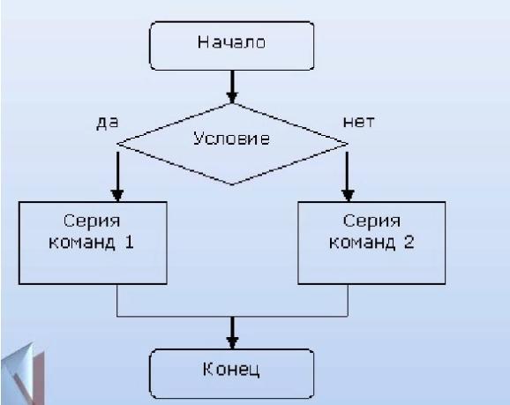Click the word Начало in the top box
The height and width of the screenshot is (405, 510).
click(231, 42)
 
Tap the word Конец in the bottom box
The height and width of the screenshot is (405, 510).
click(231, 370)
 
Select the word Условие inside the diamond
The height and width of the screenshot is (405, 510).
click(231, 139)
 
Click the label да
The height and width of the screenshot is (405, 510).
click(108, 123)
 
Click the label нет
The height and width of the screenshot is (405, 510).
click(359, 122)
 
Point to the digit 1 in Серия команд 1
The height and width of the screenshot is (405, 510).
click(130, 243)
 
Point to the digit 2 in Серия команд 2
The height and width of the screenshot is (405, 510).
click(409, 243)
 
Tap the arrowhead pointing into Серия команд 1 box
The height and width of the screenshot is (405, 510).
click(117, 196)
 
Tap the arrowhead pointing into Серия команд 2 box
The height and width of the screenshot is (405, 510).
click(348, 196)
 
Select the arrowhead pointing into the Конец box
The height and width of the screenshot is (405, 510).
click(232, 343)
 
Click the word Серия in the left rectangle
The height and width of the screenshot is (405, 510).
click(92, 221)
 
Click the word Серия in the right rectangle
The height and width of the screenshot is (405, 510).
click(371, 221)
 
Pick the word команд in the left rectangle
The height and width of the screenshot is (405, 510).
click(82, 243)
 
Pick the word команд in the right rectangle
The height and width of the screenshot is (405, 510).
click(362, 243)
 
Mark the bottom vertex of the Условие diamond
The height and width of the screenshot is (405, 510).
click(232, 184)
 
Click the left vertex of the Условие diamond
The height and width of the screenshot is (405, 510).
click(117, 144)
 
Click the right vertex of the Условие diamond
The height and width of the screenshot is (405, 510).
click(348, 144)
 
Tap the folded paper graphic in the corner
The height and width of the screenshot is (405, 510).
click(22, 374)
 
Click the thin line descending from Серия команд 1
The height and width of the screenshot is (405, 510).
click(117, 300)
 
